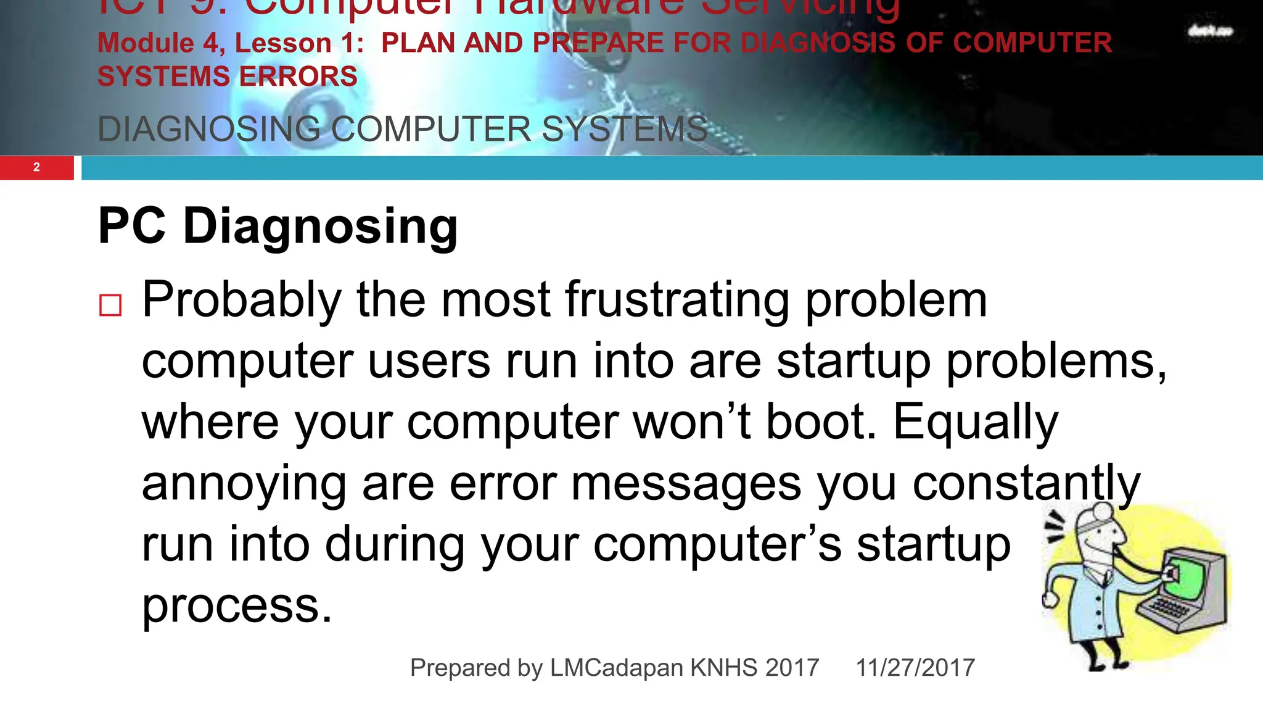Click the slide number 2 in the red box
pos(36,167)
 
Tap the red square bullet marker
pos(110,305)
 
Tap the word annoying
pos(244,484)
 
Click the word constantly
pos(1026,484)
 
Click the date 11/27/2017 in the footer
pos(915,668)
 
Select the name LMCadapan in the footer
pos(616,668)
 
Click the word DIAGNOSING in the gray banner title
pos(209,130)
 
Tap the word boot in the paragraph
pos(820,423)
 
